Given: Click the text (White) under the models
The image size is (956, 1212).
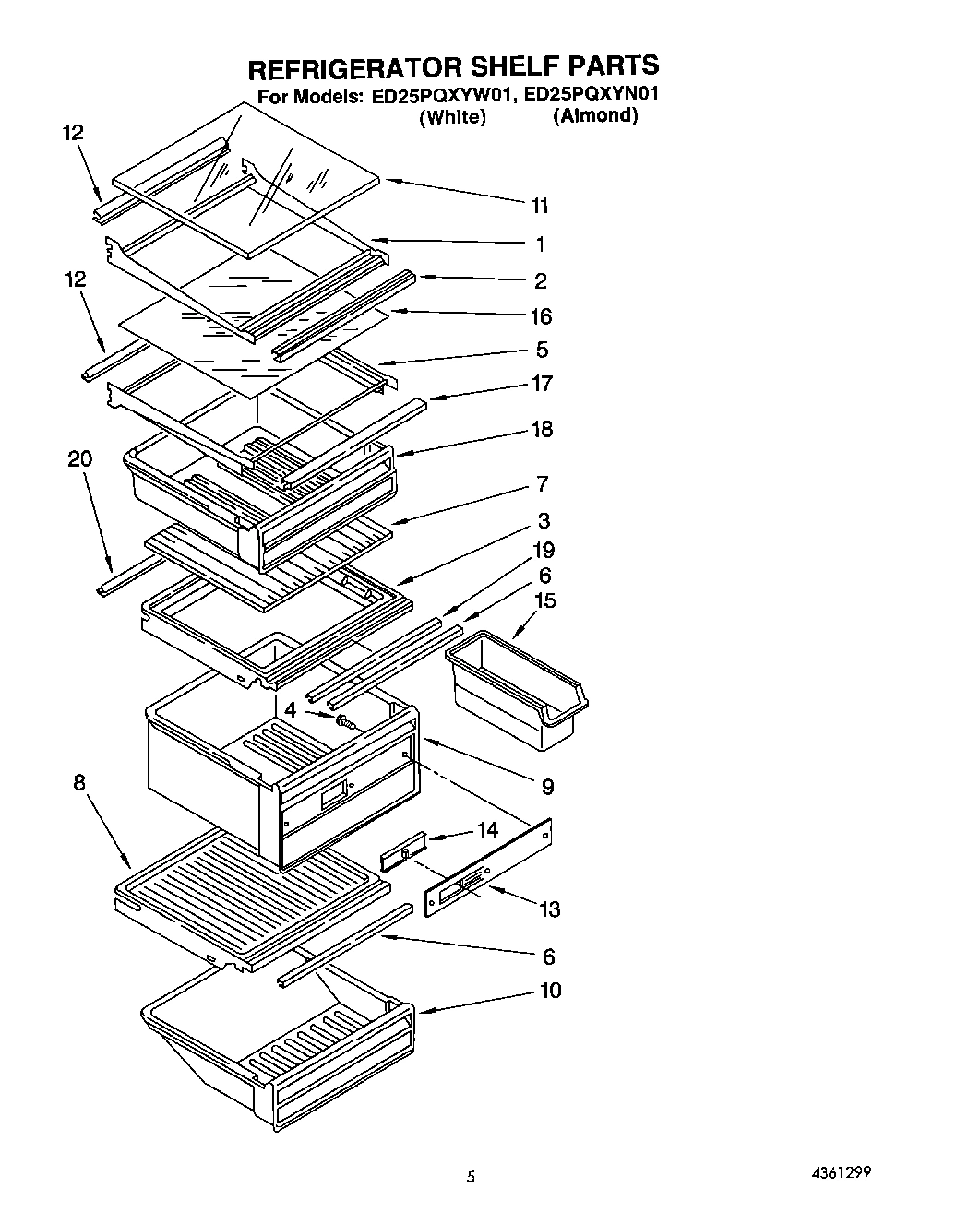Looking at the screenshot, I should [x=452, y=117].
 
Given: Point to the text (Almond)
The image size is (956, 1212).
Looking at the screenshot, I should [x=595, y=116].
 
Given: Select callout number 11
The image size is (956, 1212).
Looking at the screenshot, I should [x=540, y=206].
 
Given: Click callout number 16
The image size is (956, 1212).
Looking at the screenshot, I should [x=541, y=316].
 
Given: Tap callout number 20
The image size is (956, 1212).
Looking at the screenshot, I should [x=80, y=459].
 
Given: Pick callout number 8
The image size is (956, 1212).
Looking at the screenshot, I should [x=80, y=783].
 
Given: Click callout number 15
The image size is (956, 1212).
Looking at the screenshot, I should [x=545, y=600].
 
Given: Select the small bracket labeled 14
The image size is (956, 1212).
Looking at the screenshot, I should [x=403, y=850].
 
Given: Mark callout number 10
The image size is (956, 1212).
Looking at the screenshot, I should [x=550, y=991].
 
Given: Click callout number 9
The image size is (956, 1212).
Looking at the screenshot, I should [x=547, y=786].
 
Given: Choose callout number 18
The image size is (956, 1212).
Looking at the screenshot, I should [x=543, y=429].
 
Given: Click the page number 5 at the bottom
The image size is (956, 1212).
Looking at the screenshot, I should [x=471, y=1176].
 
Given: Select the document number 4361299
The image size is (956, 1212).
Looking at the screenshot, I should [x=841, y=1172].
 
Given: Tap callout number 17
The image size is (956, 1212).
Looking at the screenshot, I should [x=543, y=384].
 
